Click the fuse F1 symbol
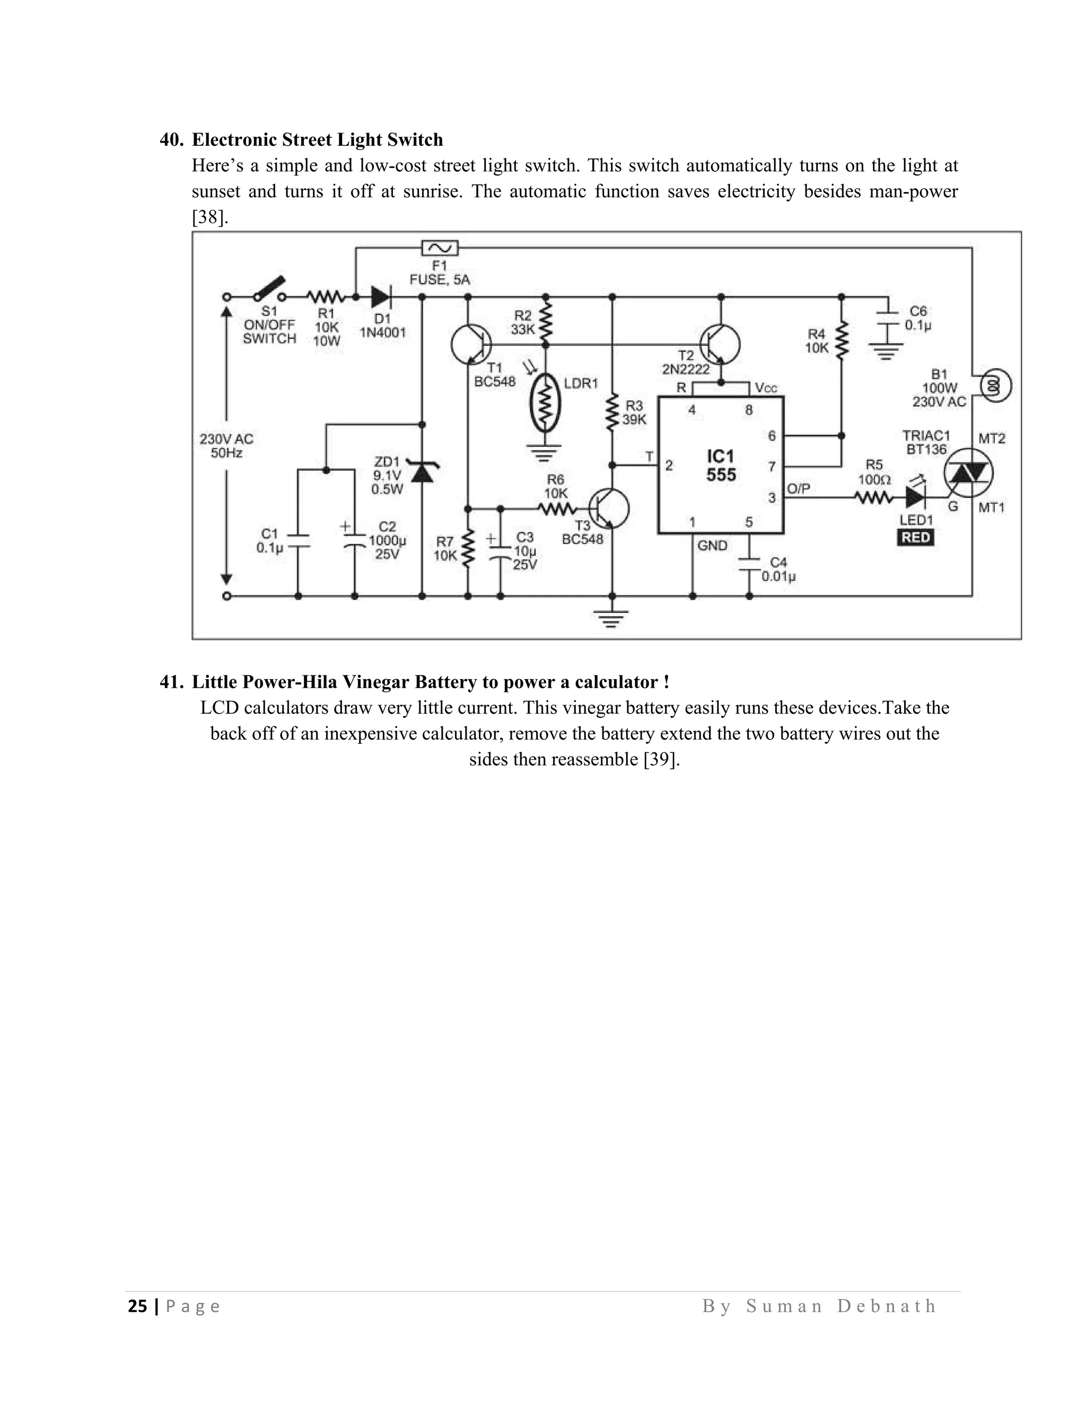[x=440, y=248]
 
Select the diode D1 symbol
[x=381, y=296]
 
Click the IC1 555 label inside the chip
[x=721, y=466]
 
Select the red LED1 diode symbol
[x=915, y=497]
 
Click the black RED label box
[x=915, y=537]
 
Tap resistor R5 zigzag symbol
[x=873, y=497]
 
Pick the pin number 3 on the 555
[x=772, y=497]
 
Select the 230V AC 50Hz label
[x=226, y=446]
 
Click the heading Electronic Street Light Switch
[x=317, y=139]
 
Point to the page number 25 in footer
[x=137, y=1306]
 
